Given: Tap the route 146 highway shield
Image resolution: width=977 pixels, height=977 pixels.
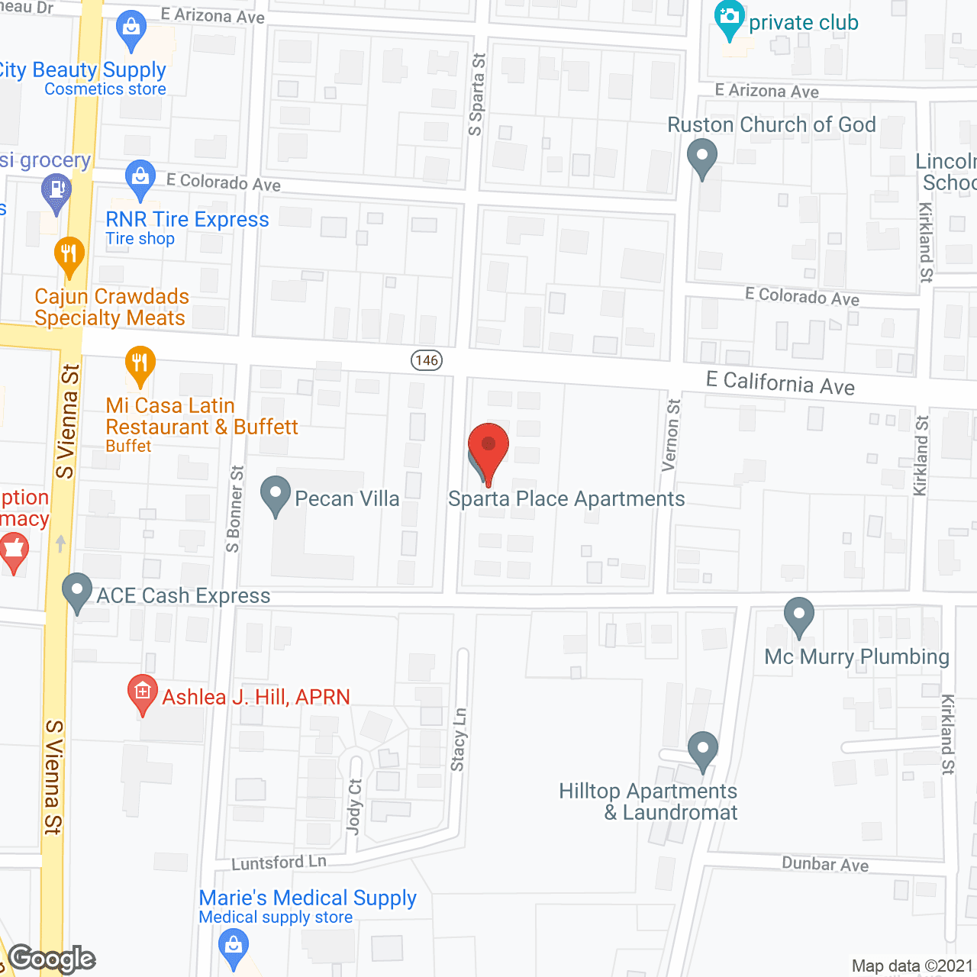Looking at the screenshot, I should point(427,360).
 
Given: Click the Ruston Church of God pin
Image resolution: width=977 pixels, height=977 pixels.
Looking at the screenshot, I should point(701,158).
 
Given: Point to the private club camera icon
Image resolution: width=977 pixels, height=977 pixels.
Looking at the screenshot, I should point(729,19).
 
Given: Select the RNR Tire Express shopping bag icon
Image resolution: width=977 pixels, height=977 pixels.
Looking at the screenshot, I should point(140,176).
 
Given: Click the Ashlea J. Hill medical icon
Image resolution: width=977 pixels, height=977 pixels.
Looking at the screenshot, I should point(142,693).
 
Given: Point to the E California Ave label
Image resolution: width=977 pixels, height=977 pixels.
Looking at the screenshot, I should point(780,383).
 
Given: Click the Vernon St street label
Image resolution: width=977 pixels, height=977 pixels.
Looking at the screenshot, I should point(672,435).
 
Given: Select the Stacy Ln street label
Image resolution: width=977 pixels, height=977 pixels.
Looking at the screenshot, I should point(459,739).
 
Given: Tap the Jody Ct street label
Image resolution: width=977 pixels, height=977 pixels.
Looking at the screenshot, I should point(355,806).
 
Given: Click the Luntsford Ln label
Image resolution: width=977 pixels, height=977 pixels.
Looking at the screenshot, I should point(279,863).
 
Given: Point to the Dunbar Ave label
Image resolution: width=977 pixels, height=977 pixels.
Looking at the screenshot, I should point(825,864).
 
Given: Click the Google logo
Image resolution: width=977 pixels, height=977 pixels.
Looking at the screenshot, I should point(52,959).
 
